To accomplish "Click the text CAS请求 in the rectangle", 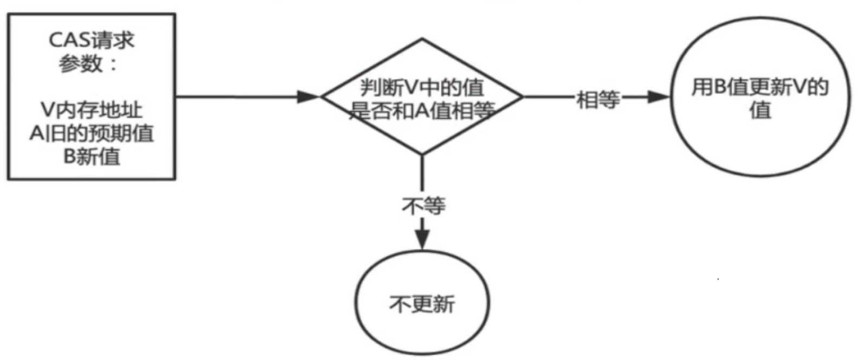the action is [92, 40].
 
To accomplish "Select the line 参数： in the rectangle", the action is [88, 63].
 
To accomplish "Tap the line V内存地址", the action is [92, 110].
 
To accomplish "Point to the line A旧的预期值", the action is [92, 133].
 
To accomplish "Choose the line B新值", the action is [92, 157].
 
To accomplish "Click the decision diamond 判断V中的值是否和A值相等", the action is [422, 97].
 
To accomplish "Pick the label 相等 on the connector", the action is [598, 99].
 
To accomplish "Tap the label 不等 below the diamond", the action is [424, 205].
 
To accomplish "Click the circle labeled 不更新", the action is [422, 303].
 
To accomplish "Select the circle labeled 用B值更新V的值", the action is [760, 97].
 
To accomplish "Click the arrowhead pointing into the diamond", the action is [309, 97].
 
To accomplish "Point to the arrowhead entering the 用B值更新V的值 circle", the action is [658, 97].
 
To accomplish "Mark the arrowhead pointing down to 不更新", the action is [422, 240].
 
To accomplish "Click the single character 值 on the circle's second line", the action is [760, 111].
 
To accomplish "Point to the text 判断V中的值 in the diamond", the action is [422, 87].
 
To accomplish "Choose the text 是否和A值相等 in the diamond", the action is [422, 111].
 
